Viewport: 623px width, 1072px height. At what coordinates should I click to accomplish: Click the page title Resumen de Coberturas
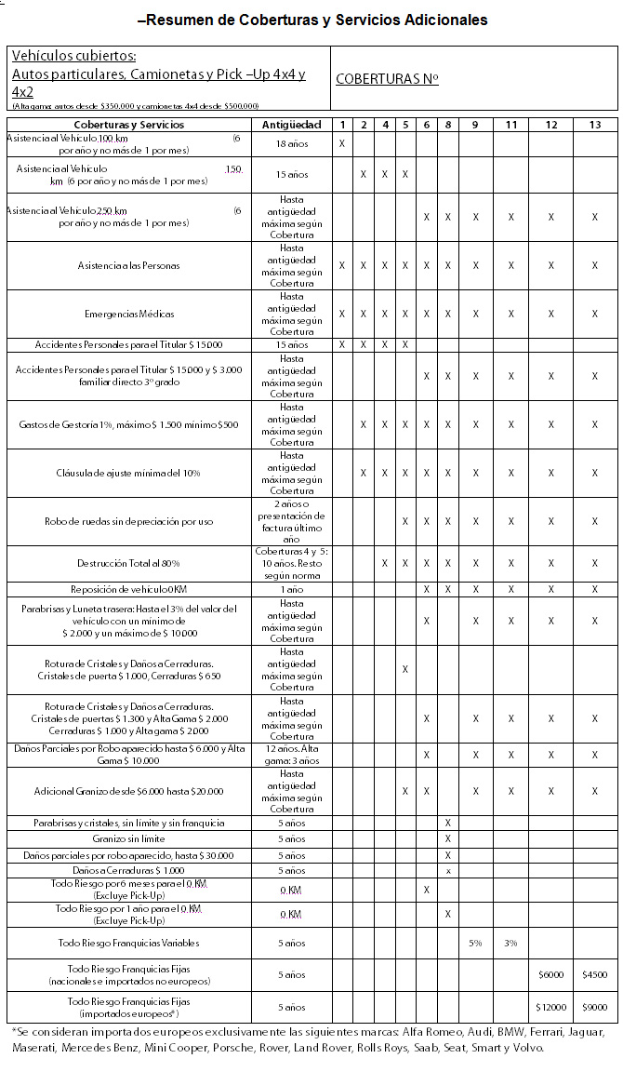tap(311, 20)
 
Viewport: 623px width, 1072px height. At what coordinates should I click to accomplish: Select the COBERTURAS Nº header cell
tap(387, 79)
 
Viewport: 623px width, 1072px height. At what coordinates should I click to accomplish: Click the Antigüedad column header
tap(291, 125)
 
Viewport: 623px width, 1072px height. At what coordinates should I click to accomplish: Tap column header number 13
tap(595, 125)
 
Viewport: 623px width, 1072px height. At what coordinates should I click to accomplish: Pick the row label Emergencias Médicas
tap(129, 314)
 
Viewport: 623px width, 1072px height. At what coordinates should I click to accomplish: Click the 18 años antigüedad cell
tap(291, 143)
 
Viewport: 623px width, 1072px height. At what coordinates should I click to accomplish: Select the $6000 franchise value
tap(551, 974)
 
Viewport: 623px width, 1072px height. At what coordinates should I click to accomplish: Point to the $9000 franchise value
tap(595, 1007)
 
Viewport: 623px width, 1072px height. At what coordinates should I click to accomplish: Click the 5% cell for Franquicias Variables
tap(475, 943)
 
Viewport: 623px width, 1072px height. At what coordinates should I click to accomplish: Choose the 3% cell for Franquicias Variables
tap(510, 943)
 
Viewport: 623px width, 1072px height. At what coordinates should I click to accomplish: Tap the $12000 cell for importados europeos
tap(551, 1007)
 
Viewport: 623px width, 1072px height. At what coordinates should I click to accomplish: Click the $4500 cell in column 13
tap(595, 974)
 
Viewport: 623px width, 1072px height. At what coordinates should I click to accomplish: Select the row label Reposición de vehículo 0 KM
tap(129, 589)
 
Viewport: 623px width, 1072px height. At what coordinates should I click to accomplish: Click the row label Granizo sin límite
tap(129, 838)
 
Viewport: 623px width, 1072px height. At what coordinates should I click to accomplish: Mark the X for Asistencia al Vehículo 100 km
tap(342, 143)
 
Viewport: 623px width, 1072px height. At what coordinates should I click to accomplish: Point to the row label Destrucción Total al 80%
tap(129, 563)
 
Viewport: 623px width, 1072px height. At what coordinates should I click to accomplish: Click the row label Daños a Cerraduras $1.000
tap(129, 870)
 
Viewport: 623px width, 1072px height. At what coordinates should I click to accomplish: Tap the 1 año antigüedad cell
tap(291, 589)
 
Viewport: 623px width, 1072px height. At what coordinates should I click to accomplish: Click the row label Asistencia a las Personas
tap(129, 265)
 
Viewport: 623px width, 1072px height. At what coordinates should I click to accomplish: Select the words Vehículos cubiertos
tap(74, 57)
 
